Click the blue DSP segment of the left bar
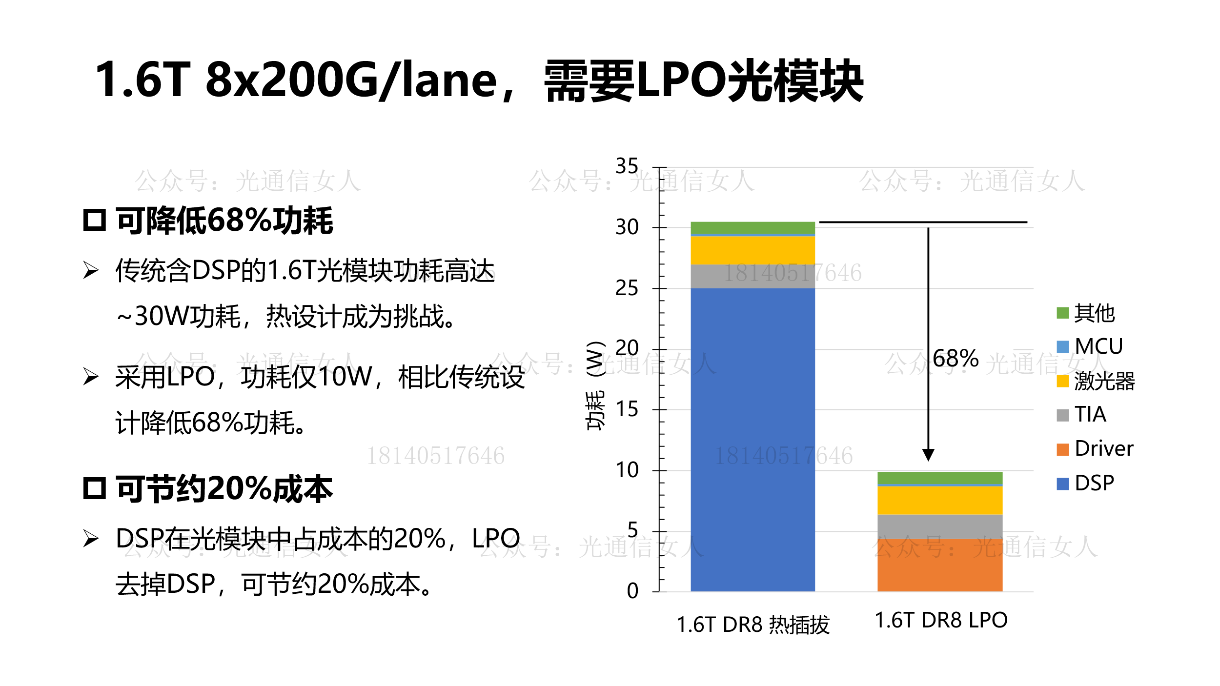point(752,439)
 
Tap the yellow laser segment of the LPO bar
point(939,500)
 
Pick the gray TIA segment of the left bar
point(752,276)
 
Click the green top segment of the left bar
point(752,228)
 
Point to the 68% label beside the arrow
point(955,359)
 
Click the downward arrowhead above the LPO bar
point(928,455)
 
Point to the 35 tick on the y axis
point(627,166)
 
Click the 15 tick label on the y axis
point(627,409)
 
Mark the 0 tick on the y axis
point(632,591)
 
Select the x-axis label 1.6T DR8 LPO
point(941,620)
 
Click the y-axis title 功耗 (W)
point(595,385)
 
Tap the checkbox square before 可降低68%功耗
point(94,220)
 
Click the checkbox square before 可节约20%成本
point(94,488)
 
